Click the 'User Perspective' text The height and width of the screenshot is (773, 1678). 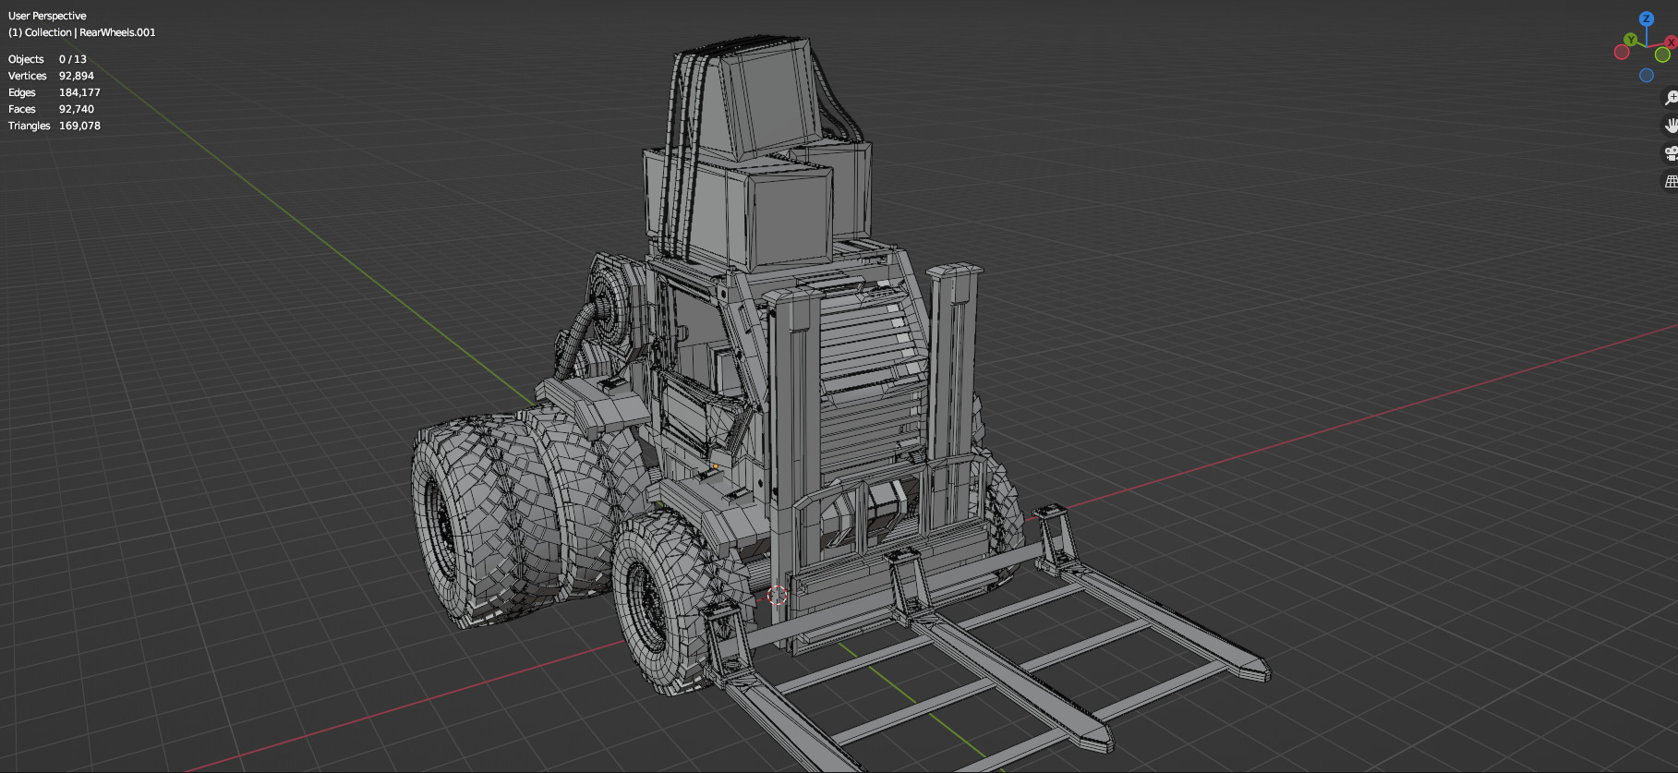coord(47,16)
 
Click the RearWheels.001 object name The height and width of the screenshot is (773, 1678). coord(117,32)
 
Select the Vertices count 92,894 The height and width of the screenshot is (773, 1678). coord(76,76)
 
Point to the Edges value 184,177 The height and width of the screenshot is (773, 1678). coord(79,92)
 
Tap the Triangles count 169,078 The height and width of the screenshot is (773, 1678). coord(79,126)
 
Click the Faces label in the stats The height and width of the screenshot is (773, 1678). coord(22,109)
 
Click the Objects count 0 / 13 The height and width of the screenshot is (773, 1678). coord(72,59)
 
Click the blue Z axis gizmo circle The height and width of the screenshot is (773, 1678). coord(1646,18)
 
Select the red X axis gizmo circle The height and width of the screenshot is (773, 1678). coord(1670,42)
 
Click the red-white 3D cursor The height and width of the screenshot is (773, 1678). coord(777,595)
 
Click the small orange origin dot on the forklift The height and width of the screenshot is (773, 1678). coord(715,466)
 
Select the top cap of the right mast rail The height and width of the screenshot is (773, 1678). coord(955,272)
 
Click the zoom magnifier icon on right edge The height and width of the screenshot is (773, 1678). coord(1670,98)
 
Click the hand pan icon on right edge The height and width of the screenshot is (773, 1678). coord(1670,126)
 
